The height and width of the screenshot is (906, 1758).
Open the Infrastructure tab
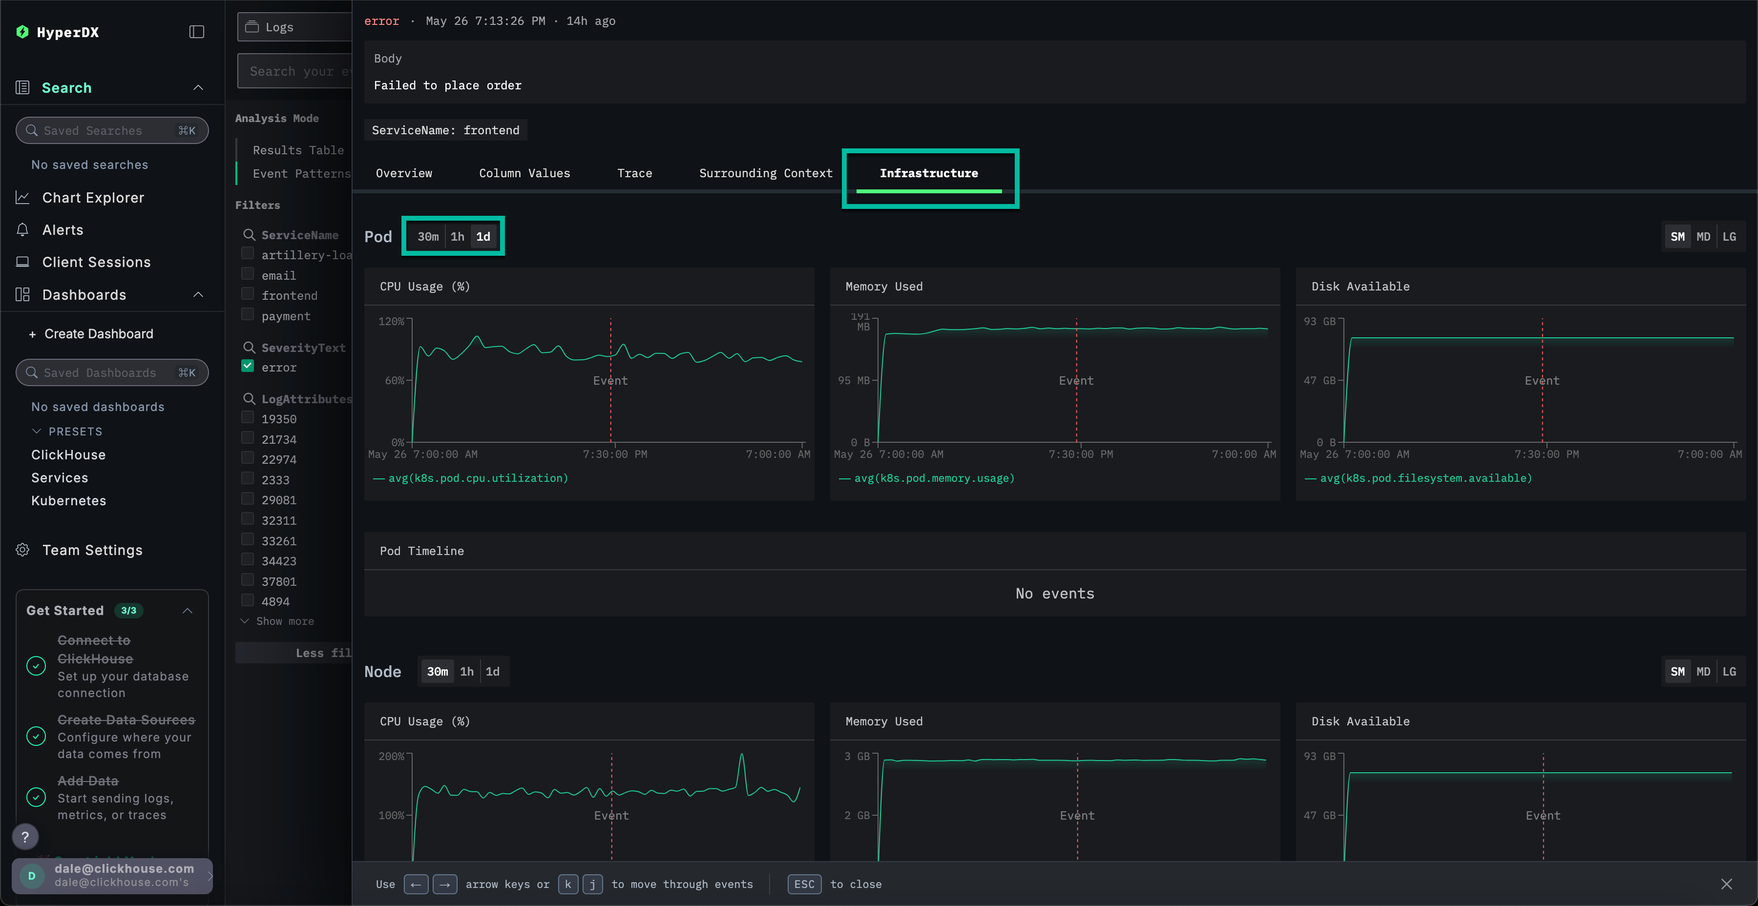[928, 173]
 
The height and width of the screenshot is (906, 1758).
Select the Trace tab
[634, 173]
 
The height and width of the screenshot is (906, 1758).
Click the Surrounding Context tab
[765, 173]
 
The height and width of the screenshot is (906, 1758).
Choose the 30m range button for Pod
[428, 237]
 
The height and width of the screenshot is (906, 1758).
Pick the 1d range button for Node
[492, 671]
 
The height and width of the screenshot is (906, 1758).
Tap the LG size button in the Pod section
[1729, 237]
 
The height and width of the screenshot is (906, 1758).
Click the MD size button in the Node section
[1703, 671]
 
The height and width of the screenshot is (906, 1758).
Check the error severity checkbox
[248, 367]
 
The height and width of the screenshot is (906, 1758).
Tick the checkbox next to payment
[248, 314]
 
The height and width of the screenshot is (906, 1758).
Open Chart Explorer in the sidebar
[93, 198]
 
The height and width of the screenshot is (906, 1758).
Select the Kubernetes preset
[68, 501]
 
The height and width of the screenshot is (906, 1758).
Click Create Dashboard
[98, 333]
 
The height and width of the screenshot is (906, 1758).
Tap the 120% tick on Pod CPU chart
[391, 321]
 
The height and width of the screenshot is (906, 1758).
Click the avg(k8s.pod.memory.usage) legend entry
[934, 478]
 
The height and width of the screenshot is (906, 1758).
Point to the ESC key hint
[804, 884]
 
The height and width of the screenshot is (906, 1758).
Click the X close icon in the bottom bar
[1726, 884]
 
